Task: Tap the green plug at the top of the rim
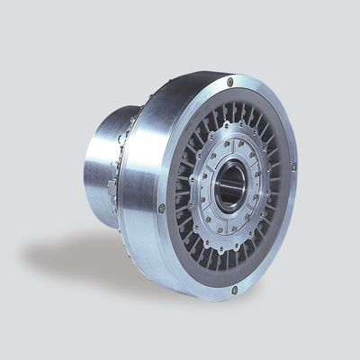pyautogui.click(x=231, y=82)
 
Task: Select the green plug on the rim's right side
pyautogui.click(x=293, y=166)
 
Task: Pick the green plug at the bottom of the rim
pyautogui.click(x=235, y=289)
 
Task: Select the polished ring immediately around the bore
pyautogui.click(x=216, y=180)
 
